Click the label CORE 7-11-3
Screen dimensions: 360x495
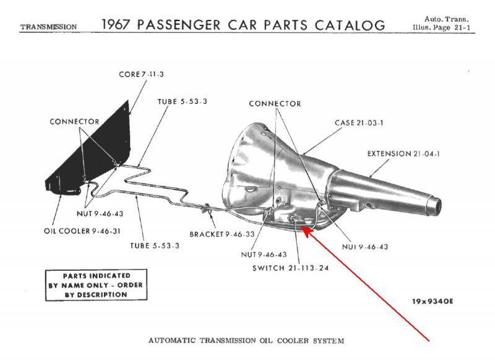pyautogui.click(x=141, y=75)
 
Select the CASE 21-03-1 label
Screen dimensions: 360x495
pyautogui.click(x=359, y=122)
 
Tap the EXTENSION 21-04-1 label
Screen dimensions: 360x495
pyautogui.click(x=405, y=153)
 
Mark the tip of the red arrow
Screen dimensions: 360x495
pyautogui.click(x=303, y=229)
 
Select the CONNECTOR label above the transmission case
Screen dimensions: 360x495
pyautogui.click(x=275, y=103)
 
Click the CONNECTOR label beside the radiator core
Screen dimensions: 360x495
pyautogui.click(x=74, y=121)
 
